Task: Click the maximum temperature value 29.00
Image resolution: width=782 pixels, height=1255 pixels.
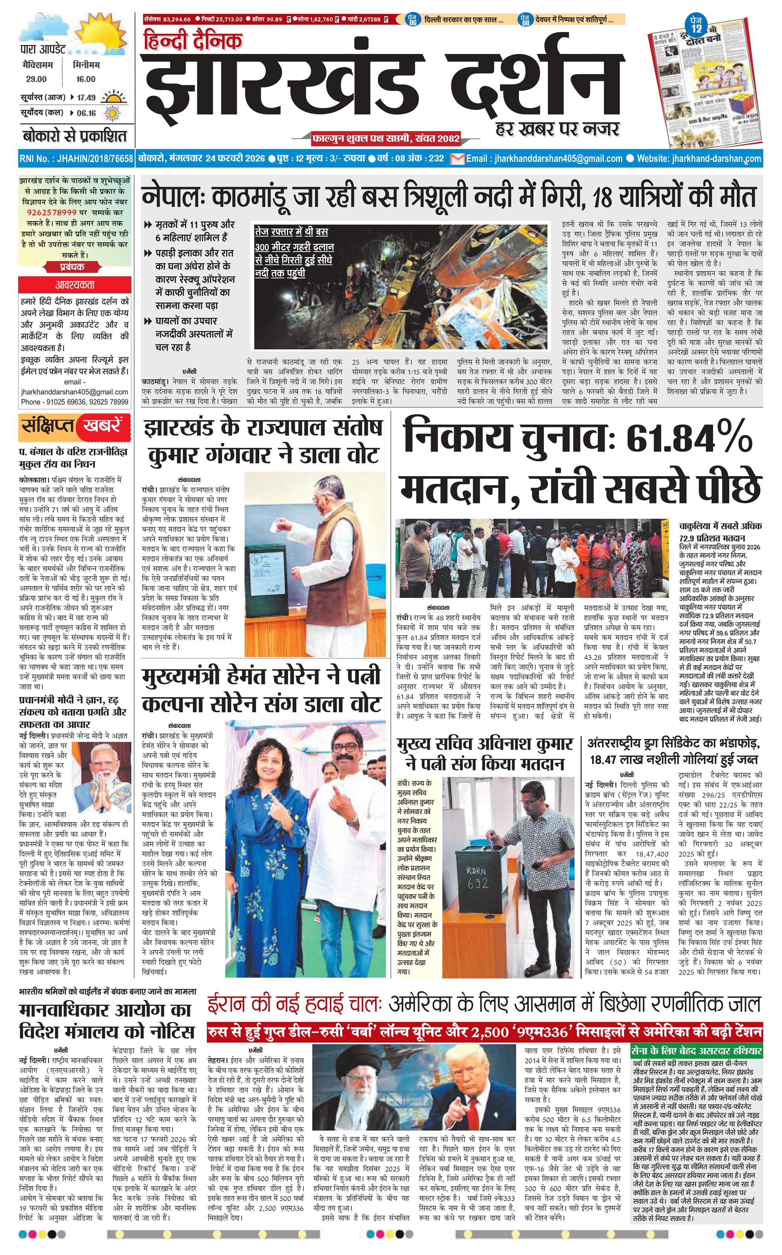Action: point(36,79)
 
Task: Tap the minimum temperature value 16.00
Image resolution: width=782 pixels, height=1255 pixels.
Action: point(85,79)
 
